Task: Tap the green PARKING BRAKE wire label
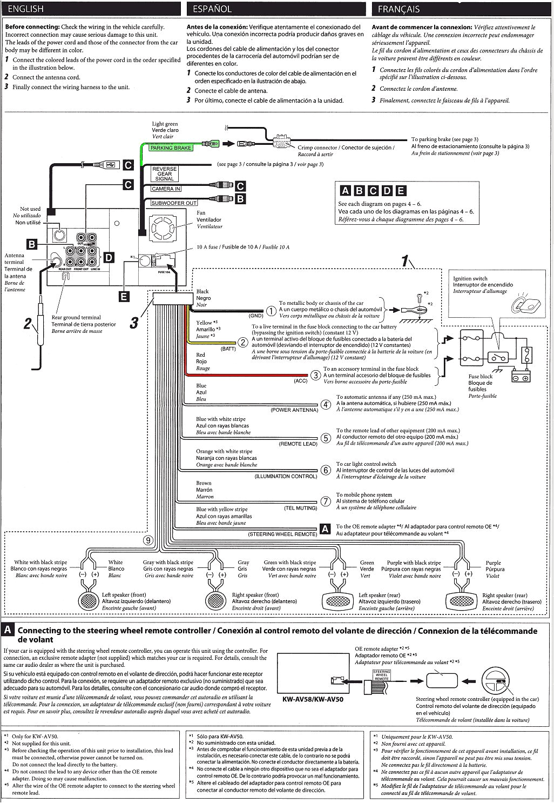(x=171, y=148)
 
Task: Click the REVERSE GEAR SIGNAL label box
(x=164, y=173)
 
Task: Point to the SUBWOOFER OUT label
(x=174, y=203)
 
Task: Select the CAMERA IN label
(x=166, y=189)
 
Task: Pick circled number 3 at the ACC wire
(x=316, y=375)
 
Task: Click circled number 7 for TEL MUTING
(x=326, y=501)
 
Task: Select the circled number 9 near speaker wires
(x=148, y=539)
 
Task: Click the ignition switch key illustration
(x=523, y=305)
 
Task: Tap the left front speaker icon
(x=89, y=600)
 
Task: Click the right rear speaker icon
(x=462, y=600)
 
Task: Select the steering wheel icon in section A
(x=495, y=679)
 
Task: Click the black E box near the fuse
(x=124, y=296)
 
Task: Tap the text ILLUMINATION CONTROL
(x=286, y=477)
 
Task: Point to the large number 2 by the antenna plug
(x=28, y=324)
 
